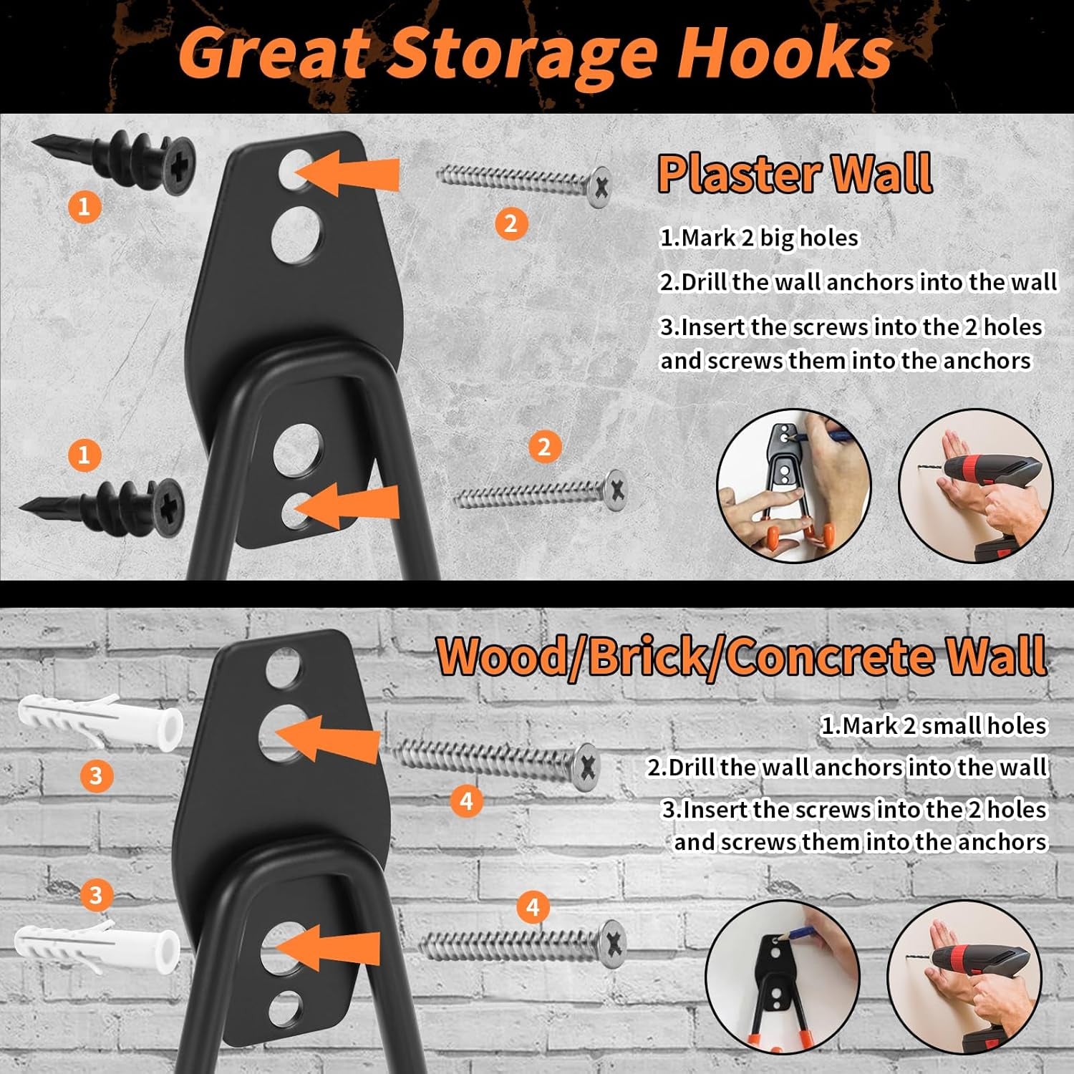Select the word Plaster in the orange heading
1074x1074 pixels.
pyautogui.click(x=737, y=173)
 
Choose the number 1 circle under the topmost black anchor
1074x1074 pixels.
pyautogui.click(x=84, y=207)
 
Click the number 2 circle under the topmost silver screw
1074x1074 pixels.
pyautogui.click(x=511, y=223)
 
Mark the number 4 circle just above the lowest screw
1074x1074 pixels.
pyautogui.click(x=533, y=907)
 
